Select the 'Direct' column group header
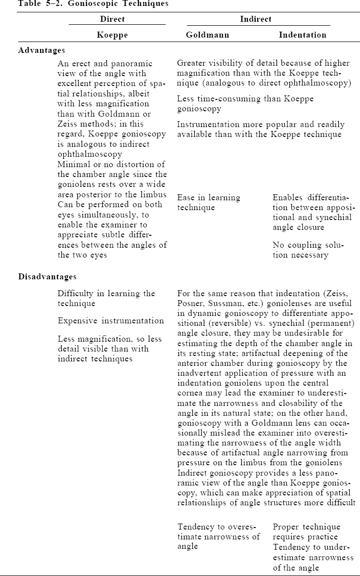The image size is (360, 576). pyautogui.click(x=112, y=19)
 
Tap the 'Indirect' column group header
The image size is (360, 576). pyautogui.click(x=256, y=19)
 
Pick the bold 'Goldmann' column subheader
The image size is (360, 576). pyautogui.click(x=207, y=35)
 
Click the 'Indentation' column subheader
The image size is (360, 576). pyautogui.click(x=303, y=35)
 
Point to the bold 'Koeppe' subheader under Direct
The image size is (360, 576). pyautogui.click(x=112, y=35)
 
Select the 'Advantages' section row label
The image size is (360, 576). pyautogui.click(x=42, y=50)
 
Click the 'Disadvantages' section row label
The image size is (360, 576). pyautogui.click(x=47, y=276)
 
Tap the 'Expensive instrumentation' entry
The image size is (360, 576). pyautogui.click(x=111, y=321)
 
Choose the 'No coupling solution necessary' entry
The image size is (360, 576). pyautogui.click(x=300, y=250)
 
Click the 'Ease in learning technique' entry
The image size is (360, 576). pyautogui.click(x=209, y=203)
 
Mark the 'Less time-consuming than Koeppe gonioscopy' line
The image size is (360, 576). pyautogui.click(x=245, y=104)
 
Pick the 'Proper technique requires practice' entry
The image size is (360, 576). pyautogui.click(x=306, y=532)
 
